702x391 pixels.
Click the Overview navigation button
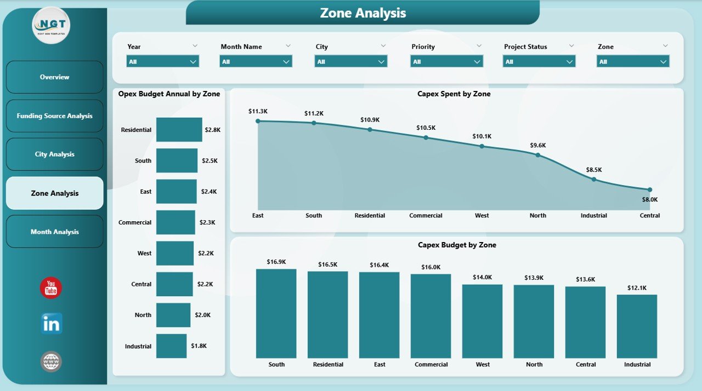[54, 77]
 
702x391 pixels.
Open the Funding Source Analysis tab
[54, 116]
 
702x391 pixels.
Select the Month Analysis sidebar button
[54, 232]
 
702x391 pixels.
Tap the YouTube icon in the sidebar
[51, 287]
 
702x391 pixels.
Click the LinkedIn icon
[51, 324]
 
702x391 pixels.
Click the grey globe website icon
[51, 361]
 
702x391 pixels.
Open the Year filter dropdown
[162, 62]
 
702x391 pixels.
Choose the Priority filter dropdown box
[446, 62]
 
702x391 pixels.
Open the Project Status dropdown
[539, 62]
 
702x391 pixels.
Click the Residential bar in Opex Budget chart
[179, 130]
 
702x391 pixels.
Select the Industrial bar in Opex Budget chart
[171, 346]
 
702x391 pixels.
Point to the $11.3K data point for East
[258, 121]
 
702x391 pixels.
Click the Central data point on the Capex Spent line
[649, 189]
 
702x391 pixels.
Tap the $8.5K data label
[593, 170]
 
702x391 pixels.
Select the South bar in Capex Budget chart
[276, 313]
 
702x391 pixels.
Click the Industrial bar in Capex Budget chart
[637, 326]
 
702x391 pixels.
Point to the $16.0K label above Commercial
[431, 267]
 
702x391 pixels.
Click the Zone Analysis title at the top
[363, 13]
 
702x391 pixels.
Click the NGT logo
[51, 25]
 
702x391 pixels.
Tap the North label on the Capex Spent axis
[537, 216]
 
